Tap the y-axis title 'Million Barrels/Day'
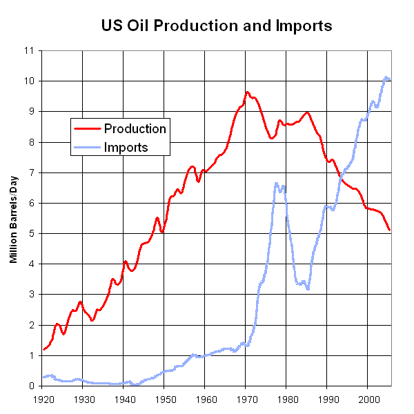13,218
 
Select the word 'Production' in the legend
135,128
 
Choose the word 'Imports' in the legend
126,147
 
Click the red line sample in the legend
88,129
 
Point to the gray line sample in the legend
88,148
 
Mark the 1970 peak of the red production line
247,92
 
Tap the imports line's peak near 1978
276,183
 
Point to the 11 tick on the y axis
28,50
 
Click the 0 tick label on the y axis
31,386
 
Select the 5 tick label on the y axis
31,233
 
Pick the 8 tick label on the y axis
31,142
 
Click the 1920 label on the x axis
42,399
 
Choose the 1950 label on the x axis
164,399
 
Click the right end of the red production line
390,230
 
